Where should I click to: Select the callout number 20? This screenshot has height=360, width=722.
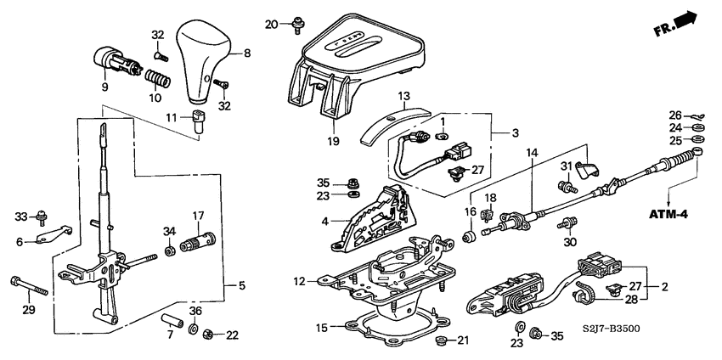click(271, 23)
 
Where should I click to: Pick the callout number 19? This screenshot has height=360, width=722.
click(331, 141)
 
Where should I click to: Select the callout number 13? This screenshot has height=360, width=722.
click(404, 95)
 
